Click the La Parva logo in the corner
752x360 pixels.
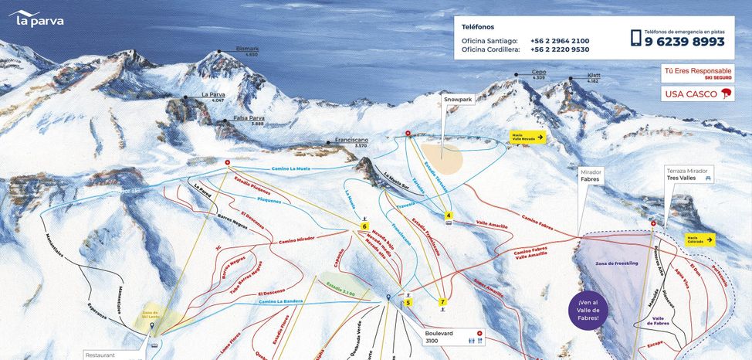point(36,19)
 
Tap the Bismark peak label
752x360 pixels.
point(247,51)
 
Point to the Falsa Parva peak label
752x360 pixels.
point(249,120)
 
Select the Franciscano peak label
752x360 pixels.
point(351,141)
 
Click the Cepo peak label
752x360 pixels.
point(538,74)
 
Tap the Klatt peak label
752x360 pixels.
point(593,77)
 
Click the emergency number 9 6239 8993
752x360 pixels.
point(684,42)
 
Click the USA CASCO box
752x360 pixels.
point(696,94)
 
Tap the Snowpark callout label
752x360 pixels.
point(457,100)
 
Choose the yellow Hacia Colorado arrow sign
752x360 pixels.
point(698,239)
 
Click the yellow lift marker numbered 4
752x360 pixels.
point(449,216)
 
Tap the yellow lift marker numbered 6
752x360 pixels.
point(364,226)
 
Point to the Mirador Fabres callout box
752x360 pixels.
point(591,175)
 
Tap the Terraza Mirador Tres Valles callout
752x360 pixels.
point(688,174)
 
